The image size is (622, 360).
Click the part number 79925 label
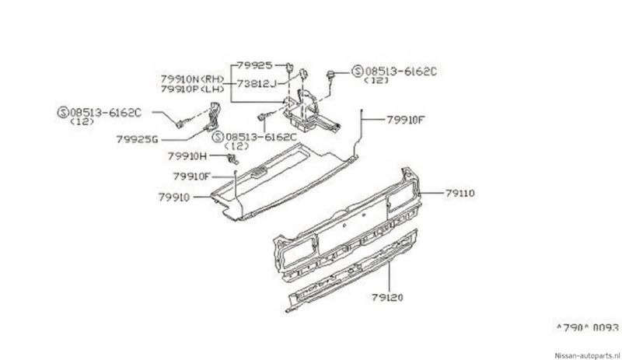[x=255, y=65]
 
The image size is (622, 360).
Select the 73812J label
[x=257, y=84]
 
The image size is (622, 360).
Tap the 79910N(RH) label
[x=192, y=79]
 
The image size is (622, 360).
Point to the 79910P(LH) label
[x=192, y=89]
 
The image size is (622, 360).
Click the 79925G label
[x=138, y=139]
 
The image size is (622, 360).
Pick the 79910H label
[x=187, y=156]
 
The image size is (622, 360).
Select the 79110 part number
[x=460, y=194]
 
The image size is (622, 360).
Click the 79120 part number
[x=387, y=297]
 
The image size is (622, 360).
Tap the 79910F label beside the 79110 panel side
[x=406, y=120]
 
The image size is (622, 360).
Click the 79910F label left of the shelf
[x=191, y=177]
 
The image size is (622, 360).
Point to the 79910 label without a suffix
[x=173, y=197]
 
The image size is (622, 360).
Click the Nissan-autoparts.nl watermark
[x=588, y=355]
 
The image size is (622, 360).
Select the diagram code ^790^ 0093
[x=587, y=327]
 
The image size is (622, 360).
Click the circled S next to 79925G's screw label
[x=63, y=112]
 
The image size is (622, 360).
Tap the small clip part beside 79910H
[x=232, y=159]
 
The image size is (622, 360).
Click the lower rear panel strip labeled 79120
[x=353, y=271]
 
